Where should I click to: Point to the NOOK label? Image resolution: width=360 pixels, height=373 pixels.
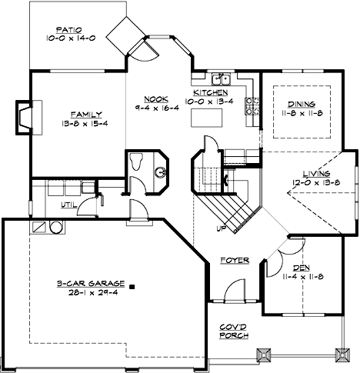[x=155, y=99]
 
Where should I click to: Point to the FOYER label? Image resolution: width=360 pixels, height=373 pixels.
[x=235, y=261]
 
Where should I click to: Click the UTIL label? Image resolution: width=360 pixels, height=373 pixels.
[x=68, y=206]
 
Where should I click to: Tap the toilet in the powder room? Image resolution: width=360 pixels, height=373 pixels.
[x=137, y=162]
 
